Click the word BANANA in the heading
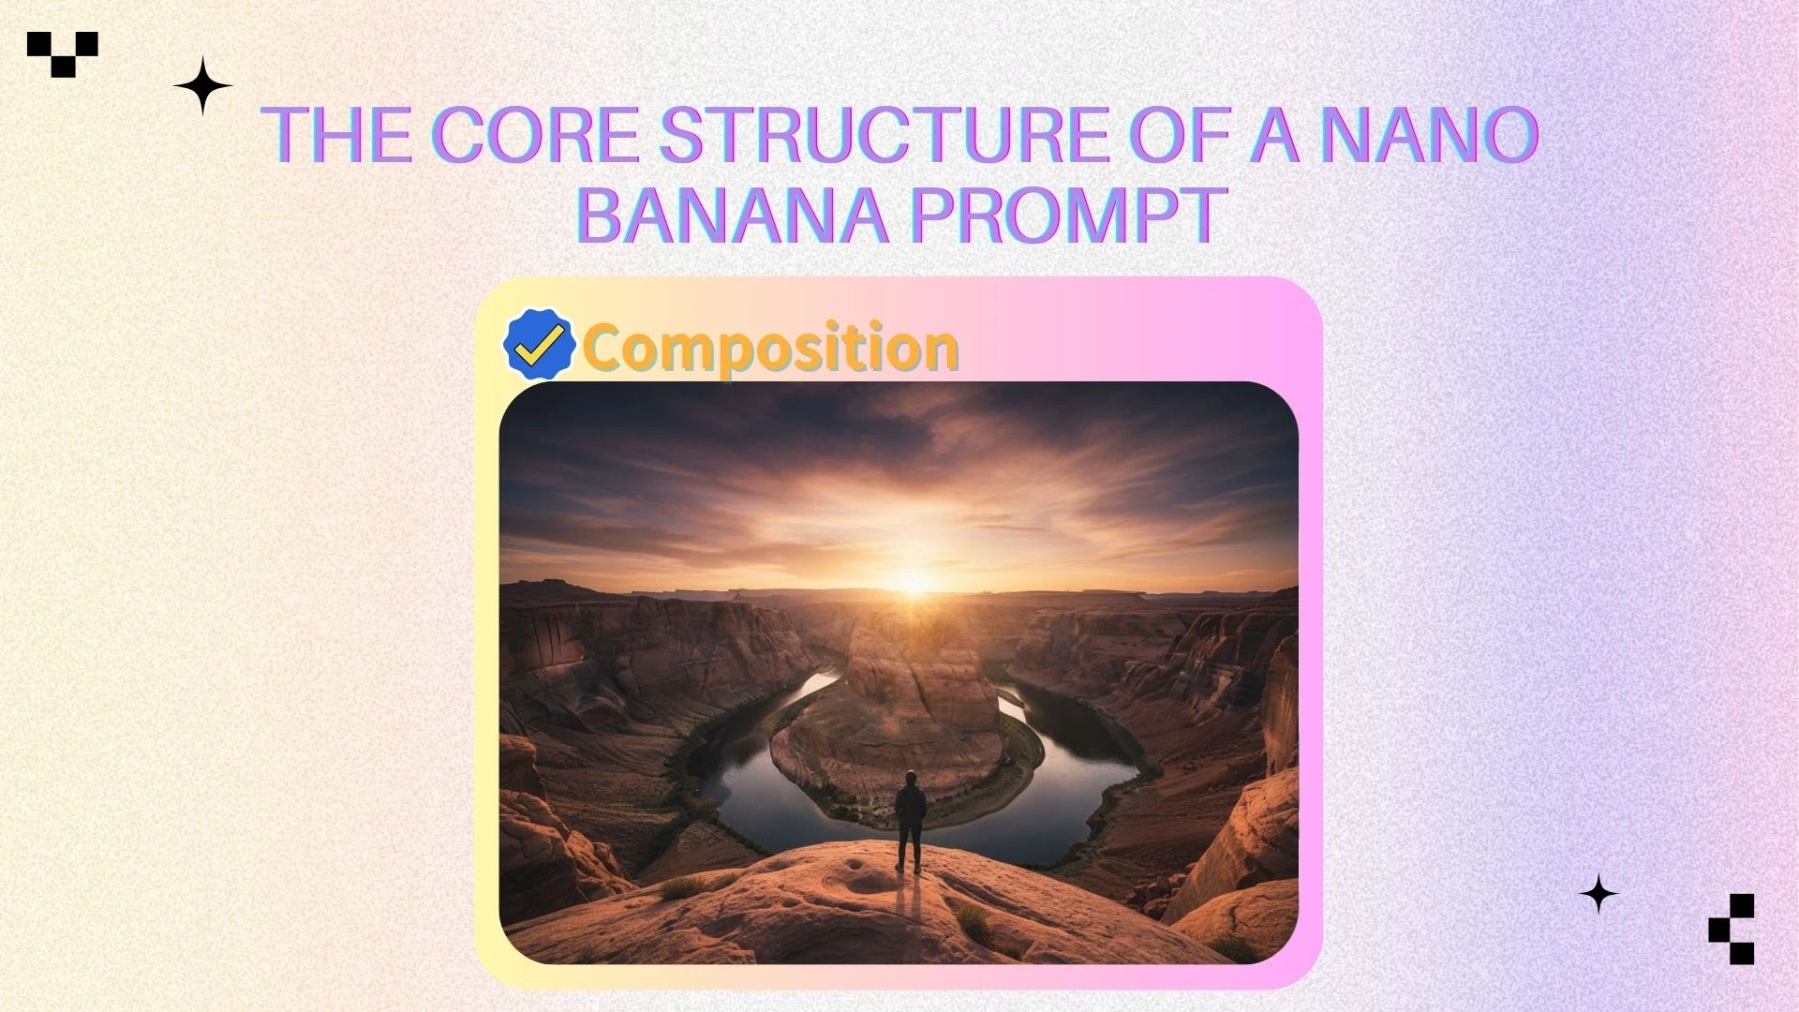pyautogui.click(x=732, y=214)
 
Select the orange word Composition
pyautogui.click(x=770, y=348)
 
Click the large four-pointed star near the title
pyautogui.click(x=202, y=86)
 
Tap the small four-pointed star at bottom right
pyautogui.click(x=1598, y=894)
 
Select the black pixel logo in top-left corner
pyautogui.click(x=63, y=53)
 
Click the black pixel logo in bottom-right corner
pyautogui.click(x=1732, y=929)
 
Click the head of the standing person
pyautogui.click(x=910, y=778)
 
